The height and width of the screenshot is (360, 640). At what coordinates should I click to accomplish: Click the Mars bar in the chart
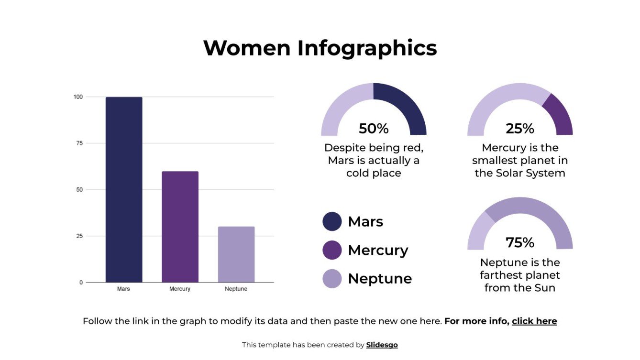pyautogui.click(x=124, y=189)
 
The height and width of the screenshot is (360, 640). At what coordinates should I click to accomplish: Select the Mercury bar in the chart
pyautogui.click(x=180, y=227)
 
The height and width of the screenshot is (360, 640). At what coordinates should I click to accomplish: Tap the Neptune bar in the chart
pyautogui.click(x=236, y=254)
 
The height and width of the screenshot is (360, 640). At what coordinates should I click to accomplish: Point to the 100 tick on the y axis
pyautogui.click(x=78, y=97)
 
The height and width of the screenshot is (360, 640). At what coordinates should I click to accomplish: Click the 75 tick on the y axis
pyautogui.click(x=79, y=143)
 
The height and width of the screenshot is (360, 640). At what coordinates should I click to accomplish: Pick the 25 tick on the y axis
pyautogui.click(x=79, y=236)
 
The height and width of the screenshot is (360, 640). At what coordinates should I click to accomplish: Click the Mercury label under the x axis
pyautogui.click(x=180, y=289)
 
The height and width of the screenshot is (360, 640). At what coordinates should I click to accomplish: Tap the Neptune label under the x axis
pyautogui.click(x=236, y=289)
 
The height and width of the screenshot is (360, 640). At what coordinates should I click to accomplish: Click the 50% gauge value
pyautogui.click(x=374, y=129)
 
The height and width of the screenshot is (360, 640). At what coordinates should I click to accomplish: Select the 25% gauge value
pyautogui.click(x=520, y=129)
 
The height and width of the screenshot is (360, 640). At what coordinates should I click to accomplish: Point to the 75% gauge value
pyautogui.click(x=520, y=243)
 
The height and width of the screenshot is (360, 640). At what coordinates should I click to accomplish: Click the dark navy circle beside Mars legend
pyautogui.click(x=332, y=221)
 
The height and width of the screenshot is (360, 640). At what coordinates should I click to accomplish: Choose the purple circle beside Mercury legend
pyautogui.click(x=332, y=250)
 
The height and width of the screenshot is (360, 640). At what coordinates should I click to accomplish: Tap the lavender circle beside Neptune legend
pyautogui.click(x=332, y=279)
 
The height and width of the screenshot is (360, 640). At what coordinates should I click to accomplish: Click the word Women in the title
pyautogui.click(x=247, y=48)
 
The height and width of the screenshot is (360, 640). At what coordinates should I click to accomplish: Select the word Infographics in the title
pyautogui.click(x=367, y=48)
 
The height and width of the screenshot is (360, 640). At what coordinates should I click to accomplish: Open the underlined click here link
pyautogui.click(x=534, y=321)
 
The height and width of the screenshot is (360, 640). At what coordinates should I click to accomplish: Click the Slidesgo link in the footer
pyautogui.click(x=382, y=345)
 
